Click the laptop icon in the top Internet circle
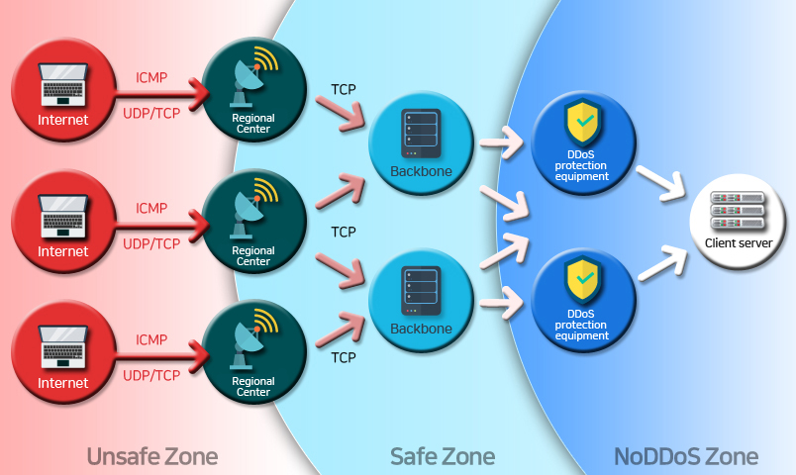[62, 87]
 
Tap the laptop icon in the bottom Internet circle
[62, 347]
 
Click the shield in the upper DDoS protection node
[581, 123]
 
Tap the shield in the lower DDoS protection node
[581, 282]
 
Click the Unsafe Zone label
[151, 456]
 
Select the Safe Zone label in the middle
[443, 456]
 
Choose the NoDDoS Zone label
[686, 456]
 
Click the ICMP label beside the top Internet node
[151, 76]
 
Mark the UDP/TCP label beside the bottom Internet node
[151, 375]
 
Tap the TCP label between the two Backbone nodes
[344, 232]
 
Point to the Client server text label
[739, 243]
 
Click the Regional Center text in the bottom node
[252, 387]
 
